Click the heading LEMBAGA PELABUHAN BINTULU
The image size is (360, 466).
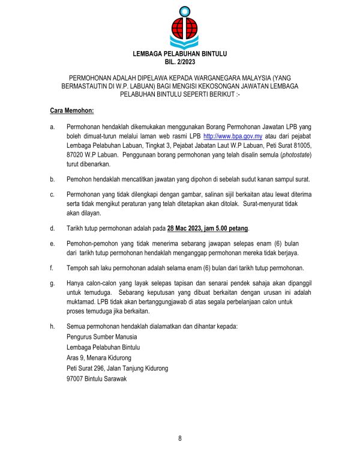pos(180,55)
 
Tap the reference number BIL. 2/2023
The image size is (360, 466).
pos(180,62)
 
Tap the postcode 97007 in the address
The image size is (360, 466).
pos(77,380)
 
